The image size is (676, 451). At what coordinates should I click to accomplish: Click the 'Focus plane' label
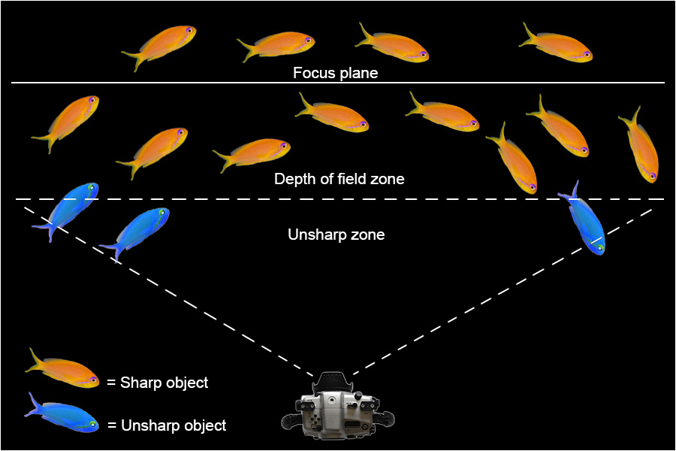click(x=336, y=74)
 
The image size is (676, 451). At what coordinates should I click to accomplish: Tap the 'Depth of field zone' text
click(x=340, y=179)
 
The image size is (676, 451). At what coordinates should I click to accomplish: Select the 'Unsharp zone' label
click(x=336, y=235)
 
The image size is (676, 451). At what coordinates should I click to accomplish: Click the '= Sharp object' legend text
click(x=157, y=383)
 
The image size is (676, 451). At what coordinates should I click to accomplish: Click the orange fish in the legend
click(x=63, y=368)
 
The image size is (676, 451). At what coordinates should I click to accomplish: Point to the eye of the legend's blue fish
click(x=93, y=425)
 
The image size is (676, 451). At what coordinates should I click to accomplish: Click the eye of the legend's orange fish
click(x=94, y=380)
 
